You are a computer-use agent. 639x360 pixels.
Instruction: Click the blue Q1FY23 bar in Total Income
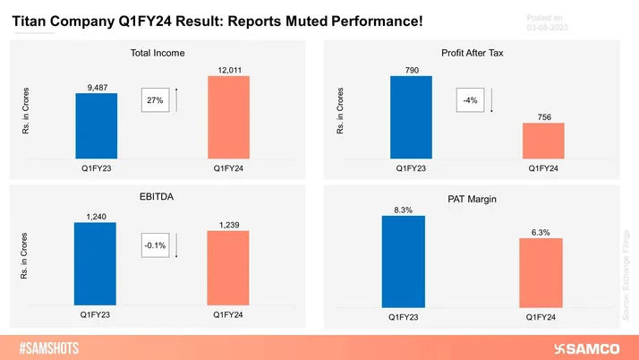coord(96,125)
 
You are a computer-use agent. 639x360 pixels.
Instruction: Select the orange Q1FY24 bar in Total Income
coord(228,116)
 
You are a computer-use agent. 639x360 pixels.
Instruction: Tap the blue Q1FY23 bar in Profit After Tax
coord(411,116)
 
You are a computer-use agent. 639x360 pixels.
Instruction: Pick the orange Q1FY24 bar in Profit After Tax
coord(543,140)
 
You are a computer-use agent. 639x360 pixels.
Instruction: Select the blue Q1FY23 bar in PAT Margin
coord(404,261)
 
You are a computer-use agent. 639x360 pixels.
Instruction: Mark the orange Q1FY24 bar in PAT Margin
coord(540,271)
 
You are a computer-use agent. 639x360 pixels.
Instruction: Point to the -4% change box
coord(469,100)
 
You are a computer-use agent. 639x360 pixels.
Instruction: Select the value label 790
coord(411,68)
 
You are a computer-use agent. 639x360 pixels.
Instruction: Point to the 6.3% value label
coord(540,231)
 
